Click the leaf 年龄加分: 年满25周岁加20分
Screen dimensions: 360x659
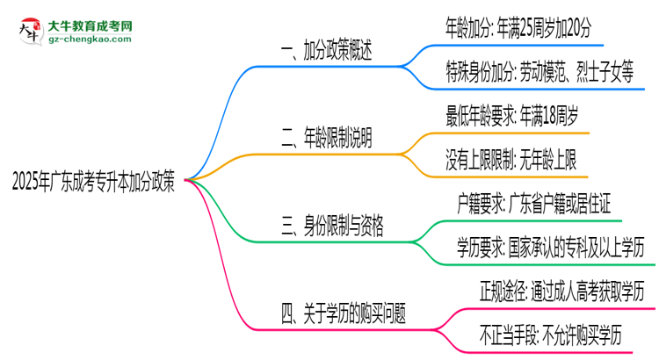tap(519, 30)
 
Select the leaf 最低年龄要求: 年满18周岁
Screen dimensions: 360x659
tap(511, 115)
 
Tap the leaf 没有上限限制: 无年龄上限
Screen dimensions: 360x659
tap(511, 159)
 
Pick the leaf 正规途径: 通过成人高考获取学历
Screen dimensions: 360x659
tap(555, 290)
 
